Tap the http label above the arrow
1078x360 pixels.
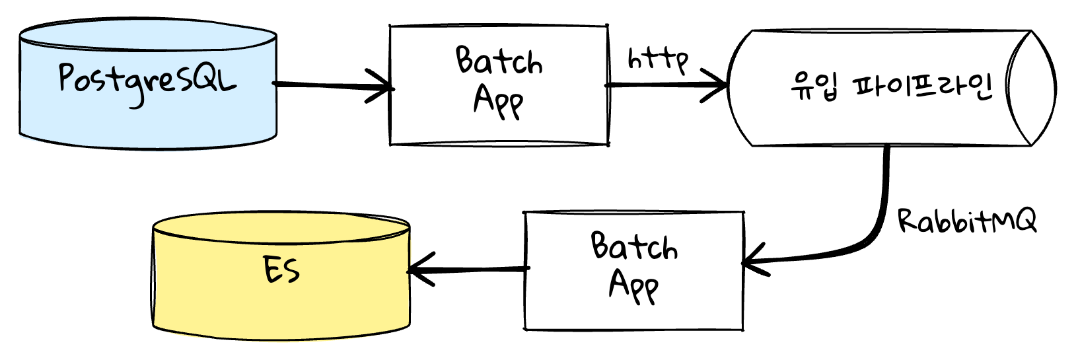[x=658, y=60]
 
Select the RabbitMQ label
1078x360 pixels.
[x=967, y=221]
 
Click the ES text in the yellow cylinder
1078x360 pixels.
[x=281, y=270]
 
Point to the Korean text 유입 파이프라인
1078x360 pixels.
[x=892, y=87]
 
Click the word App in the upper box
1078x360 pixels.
[x=498, y=102]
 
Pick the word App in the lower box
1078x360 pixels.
[x=633, y=287]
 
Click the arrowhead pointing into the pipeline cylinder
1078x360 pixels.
[x=714, y=85]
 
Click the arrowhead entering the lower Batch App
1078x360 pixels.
[x=756, y=260]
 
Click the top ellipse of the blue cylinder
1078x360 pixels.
[x=148, y=34]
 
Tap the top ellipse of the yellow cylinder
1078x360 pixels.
[x=281, y=227]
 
